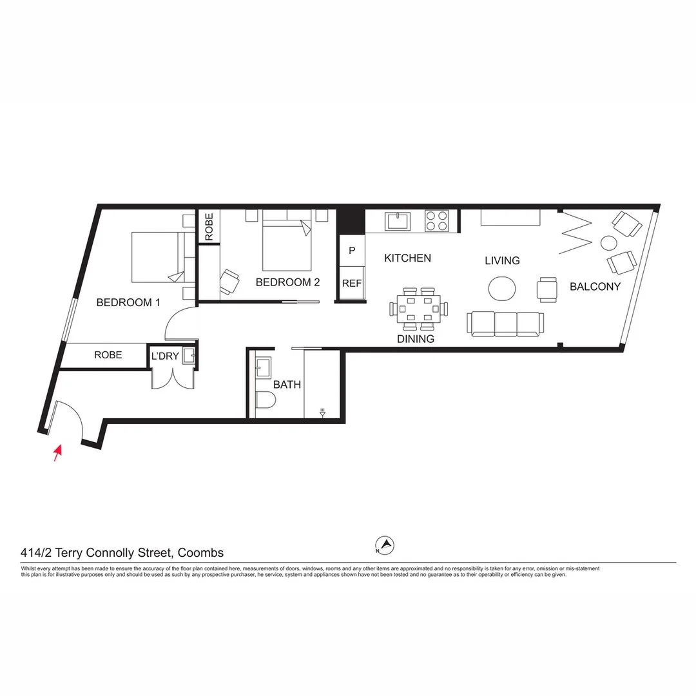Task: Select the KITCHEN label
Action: [407, 258]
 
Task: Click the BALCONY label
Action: [595, 287]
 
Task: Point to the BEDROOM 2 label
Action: [287, 282]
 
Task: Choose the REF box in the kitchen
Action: [352, 283]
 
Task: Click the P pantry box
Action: [352, 250]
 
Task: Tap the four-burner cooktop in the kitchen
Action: [437, 221]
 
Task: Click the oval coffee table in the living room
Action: [502, 288]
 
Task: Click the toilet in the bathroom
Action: [265, 400]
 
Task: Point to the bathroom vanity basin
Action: [263, 368]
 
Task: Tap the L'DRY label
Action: [165, 355]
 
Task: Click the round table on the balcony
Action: [608, 243]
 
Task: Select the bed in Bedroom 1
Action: [158, 258]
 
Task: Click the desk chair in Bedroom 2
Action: [229, 281]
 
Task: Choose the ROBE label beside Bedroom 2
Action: [209, 227]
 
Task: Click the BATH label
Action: [287, 385]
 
